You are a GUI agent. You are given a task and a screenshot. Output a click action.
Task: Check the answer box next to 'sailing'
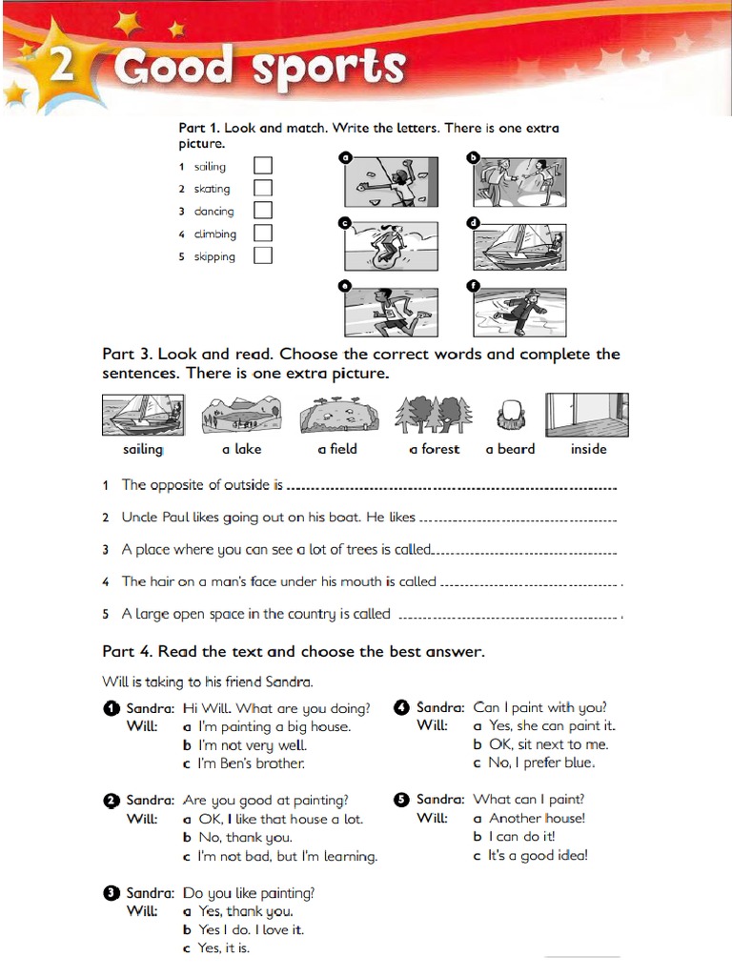pyautogui.click(x=263, y=166)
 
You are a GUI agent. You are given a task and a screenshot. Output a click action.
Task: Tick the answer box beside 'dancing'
pyautogui.click(x=263, y=211)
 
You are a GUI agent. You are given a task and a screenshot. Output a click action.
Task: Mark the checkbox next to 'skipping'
pyautogui.click(x=263, y=255)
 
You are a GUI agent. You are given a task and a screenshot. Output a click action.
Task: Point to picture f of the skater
pyautogui.click(x=519, y=312)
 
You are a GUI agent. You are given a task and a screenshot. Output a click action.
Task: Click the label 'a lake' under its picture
pyautogui.click(x=241, y=449)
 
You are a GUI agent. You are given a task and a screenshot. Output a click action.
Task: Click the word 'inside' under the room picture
pyautogui.click(x=588, y=449)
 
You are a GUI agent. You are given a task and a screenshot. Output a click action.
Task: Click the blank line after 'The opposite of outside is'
pyautogui.click(x=452, y=488)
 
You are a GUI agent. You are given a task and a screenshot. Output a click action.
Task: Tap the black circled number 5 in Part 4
pyautogui.click(x=401, y=800)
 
